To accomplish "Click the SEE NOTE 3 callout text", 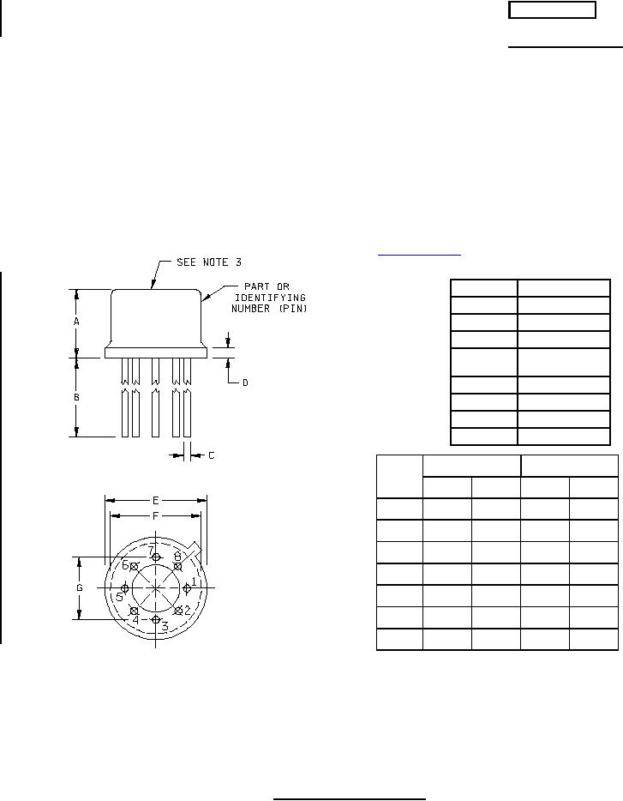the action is (x=209, y=262).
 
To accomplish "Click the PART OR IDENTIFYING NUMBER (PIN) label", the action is (x=268, y=298).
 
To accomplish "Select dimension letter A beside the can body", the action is (x=76, y=322).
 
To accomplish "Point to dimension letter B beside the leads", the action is (x=76, y=397).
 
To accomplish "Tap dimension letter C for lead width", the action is (x=212, y=455).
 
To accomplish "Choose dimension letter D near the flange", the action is (x=245, y=382).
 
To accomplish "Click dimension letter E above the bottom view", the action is (x=156, y=500).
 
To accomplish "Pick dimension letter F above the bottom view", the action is (x=156, y=516).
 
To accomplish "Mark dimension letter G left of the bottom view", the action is (x=80, y=588).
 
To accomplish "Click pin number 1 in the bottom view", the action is (x=194, y=581).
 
